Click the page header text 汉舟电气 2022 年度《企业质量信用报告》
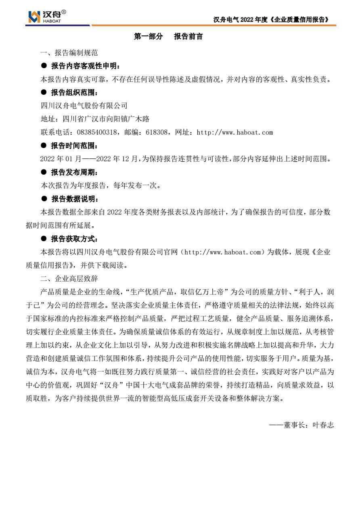[x=271, y=19]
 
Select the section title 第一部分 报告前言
[x=168, y=37]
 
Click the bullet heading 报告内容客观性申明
[x=85, y=66]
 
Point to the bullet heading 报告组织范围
[x=75, y=92]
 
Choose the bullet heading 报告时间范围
[x=75, y=146]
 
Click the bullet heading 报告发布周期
[x=75, y=172]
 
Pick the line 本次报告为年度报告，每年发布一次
[x=101, y=186]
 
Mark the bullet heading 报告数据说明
[x=75, y=199]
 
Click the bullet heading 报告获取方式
[x=75, y=239]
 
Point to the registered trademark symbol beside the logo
[x=64, y=13]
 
